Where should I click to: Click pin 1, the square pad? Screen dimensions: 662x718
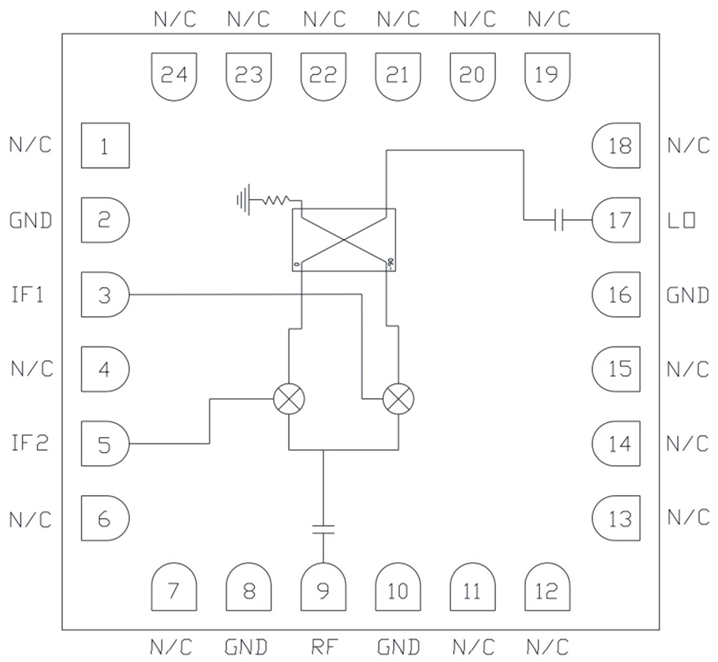104,145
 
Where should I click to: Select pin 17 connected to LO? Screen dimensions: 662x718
617,220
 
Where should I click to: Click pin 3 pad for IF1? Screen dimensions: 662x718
104,295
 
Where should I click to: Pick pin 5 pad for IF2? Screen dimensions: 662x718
104,444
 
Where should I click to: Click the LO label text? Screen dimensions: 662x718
681,220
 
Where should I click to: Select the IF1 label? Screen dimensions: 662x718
27,295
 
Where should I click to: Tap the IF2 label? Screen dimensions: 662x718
29,444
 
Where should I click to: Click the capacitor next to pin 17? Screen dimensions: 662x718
559,220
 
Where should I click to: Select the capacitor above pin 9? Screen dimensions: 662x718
323,528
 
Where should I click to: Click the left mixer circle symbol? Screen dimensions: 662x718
289,398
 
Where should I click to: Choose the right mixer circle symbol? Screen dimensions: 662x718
398,398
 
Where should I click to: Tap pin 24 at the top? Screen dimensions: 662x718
174,76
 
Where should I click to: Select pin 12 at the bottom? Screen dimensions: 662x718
547,588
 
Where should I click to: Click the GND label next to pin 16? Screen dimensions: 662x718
687,295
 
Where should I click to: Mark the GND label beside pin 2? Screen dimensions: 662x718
31,220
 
